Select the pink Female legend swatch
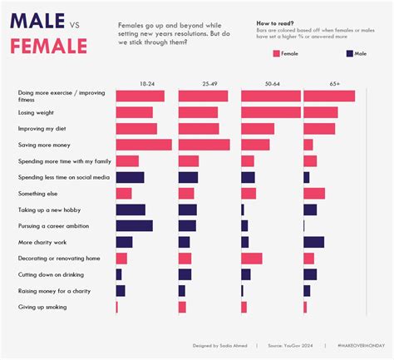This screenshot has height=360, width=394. pos(275,53)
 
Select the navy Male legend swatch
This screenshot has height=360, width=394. pos(348,53)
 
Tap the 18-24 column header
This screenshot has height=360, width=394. pos(146,84)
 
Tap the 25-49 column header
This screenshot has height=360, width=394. pos(209,84)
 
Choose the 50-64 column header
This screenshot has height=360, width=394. pos(272,84)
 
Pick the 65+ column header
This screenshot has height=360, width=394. pos(334,84)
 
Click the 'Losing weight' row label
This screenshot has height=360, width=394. pos(37,112)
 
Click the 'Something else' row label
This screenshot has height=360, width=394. pos(40,193)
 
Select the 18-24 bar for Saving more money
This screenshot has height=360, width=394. pos(143,145)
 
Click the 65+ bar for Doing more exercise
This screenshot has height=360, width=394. pos(329,96)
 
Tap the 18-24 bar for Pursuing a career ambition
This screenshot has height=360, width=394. pos(134,226)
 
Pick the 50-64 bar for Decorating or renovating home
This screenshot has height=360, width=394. pos(251,259)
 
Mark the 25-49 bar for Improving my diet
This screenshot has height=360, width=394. pos(199,129)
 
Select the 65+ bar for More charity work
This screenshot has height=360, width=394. pos(313,242)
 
